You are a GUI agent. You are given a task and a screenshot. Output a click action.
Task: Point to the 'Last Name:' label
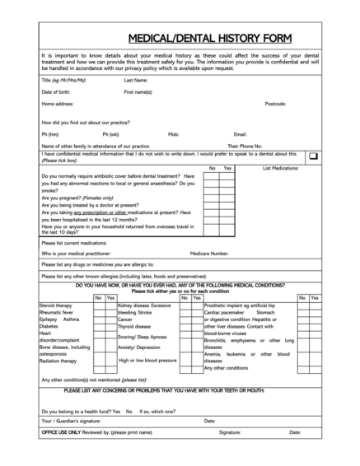[x=136, y=81]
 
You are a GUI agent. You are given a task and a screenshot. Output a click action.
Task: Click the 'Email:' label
[x=241, y=133]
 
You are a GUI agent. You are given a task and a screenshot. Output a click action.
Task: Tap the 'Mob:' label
[x=173, y=133]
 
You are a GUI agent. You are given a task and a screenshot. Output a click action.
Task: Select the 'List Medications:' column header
[x=281, y=168]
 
